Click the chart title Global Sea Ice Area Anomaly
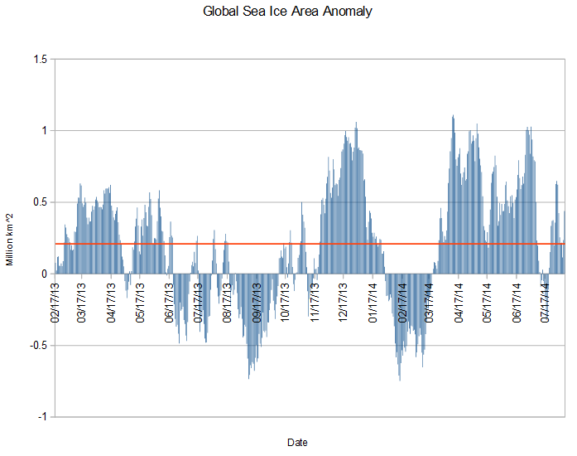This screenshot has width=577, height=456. (287, 12)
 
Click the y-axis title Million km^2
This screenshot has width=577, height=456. (10, 238)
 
